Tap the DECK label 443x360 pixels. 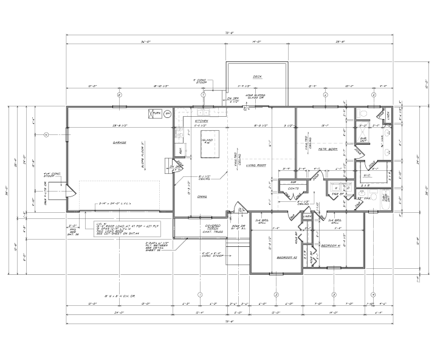(257, 77)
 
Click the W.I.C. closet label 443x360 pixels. (367, 176)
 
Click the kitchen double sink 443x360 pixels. (202, 112)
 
